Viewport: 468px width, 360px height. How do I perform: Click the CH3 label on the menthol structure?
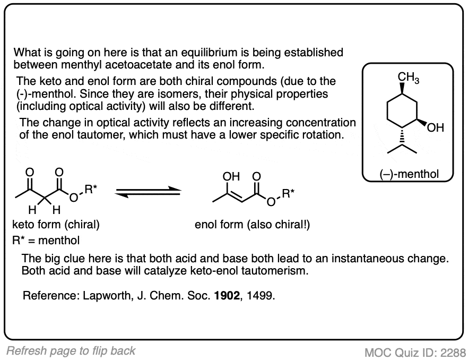pos(409,78)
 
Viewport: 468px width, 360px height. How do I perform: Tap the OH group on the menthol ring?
pos(436,128)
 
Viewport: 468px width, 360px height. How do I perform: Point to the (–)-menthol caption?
pos(409,174)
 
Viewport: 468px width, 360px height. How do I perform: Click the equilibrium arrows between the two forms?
pos(148,192)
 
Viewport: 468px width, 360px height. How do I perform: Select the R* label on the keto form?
pos(91,189)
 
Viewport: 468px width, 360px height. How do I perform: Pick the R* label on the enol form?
pos(288,194)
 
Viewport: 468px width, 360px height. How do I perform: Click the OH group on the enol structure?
pos(231,177)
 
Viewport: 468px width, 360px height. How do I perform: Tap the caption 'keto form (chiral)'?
pos(56,225)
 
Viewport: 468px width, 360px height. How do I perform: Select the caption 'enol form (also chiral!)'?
pos(252,225)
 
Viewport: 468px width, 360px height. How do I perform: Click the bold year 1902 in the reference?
pos(227,296)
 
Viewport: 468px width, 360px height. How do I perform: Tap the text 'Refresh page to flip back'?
pos(71,351)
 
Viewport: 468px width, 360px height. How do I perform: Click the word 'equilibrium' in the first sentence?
pos(210,53)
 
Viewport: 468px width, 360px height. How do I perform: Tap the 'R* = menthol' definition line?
pos(46,240)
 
